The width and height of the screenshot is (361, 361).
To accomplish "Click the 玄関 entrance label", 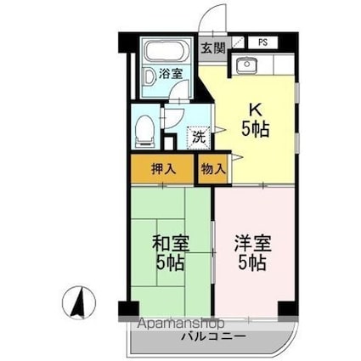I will (213, 48).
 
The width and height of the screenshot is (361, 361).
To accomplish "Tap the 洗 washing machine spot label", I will (197, 136).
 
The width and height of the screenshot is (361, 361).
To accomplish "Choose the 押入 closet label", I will (163, 169).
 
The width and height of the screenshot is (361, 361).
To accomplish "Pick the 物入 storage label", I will (213, 169).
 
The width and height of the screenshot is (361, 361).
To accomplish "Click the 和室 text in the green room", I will (169, 242).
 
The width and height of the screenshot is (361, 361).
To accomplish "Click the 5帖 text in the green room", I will (169, 262).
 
